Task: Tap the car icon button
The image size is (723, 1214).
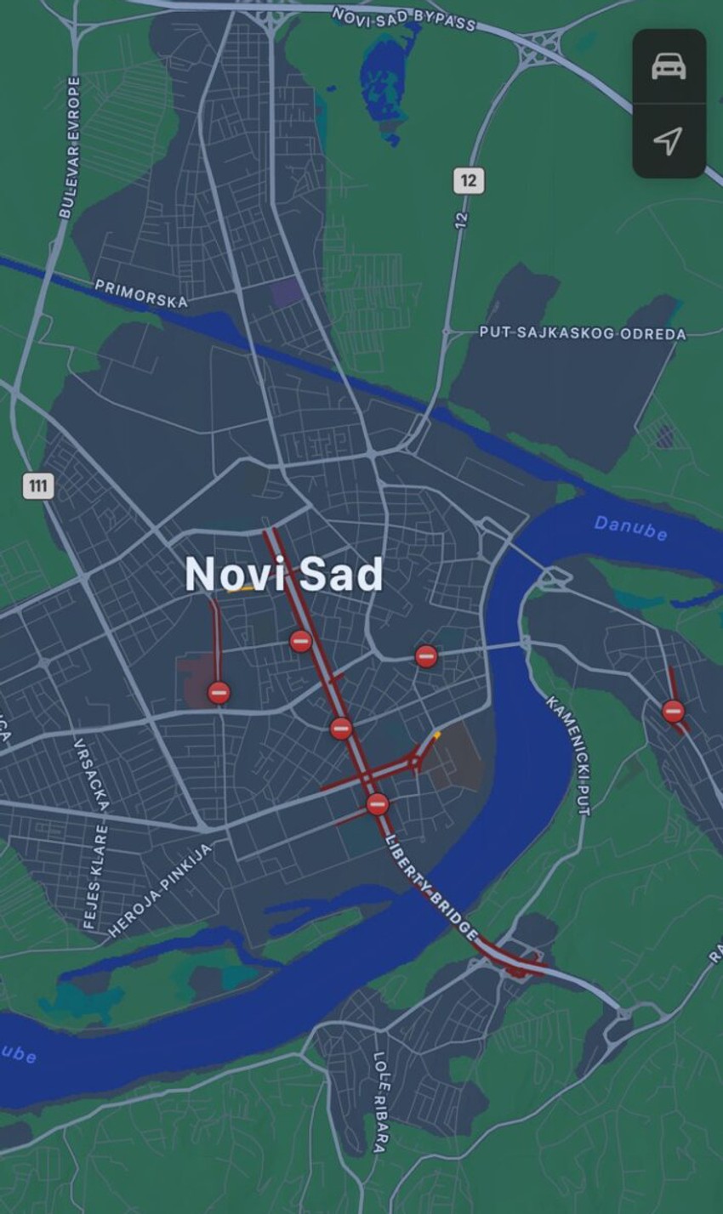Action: (x=669, y=66)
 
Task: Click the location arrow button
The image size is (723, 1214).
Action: (x=669, y=140)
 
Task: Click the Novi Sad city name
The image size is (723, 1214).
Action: (x=284, y=575)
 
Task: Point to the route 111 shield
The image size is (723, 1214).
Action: (x=38, y=486)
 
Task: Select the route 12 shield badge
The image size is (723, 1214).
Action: (x=469, y=180)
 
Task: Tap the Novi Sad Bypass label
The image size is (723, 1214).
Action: (x=403, y=19)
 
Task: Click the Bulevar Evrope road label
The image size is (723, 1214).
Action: (x=71, y=147)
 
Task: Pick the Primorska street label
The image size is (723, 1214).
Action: (x=140, y=293)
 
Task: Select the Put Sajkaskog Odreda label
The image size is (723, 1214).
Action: (x=582, y=333)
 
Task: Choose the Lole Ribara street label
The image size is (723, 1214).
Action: (x=380, y=1102)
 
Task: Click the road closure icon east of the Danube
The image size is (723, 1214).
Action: (x=673, y=711)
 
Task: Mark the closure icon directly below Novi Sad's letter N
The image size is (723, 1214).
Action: (x=219, y=692)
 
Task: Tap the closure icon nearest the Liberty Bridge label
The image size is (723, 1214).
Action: (x=378, y=803)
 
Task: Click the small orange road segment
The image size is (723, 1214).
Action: (x=436, y=735)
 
